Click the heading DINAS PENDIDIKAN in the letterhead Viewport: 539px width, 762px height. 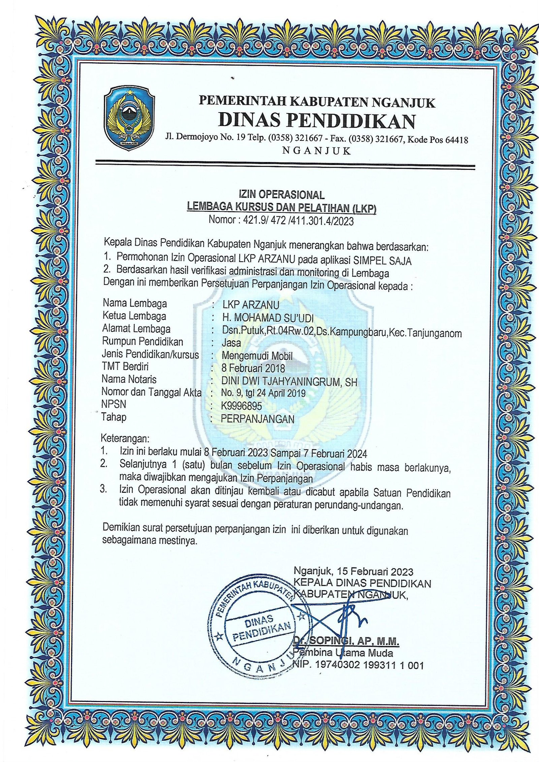coord(317,121)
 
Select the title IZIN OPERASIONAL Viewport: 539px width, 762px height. coord(282,195)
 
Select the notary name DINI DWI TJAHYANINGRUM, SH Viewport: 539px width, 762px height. coord(289,381)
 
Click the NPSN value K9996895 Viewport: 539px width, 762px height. coord(242,406)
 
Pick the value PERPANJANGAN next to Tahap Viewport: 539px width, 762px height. coord(258,419)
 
